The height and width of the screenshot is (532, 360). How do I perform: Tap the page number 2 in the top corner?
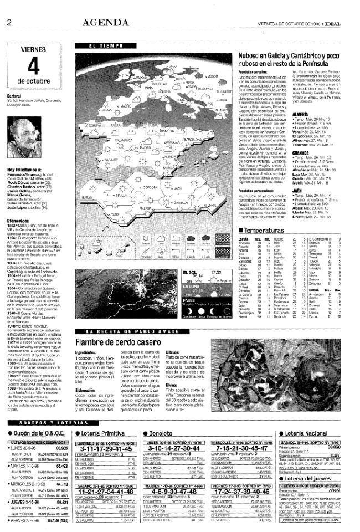(9, 22)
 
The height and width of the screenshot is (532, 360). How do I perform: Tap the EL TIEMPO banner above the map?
(100, 46)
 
